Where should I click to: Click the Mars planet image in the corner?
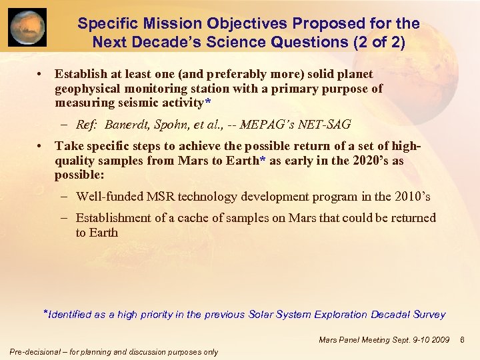click(27, 27)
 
